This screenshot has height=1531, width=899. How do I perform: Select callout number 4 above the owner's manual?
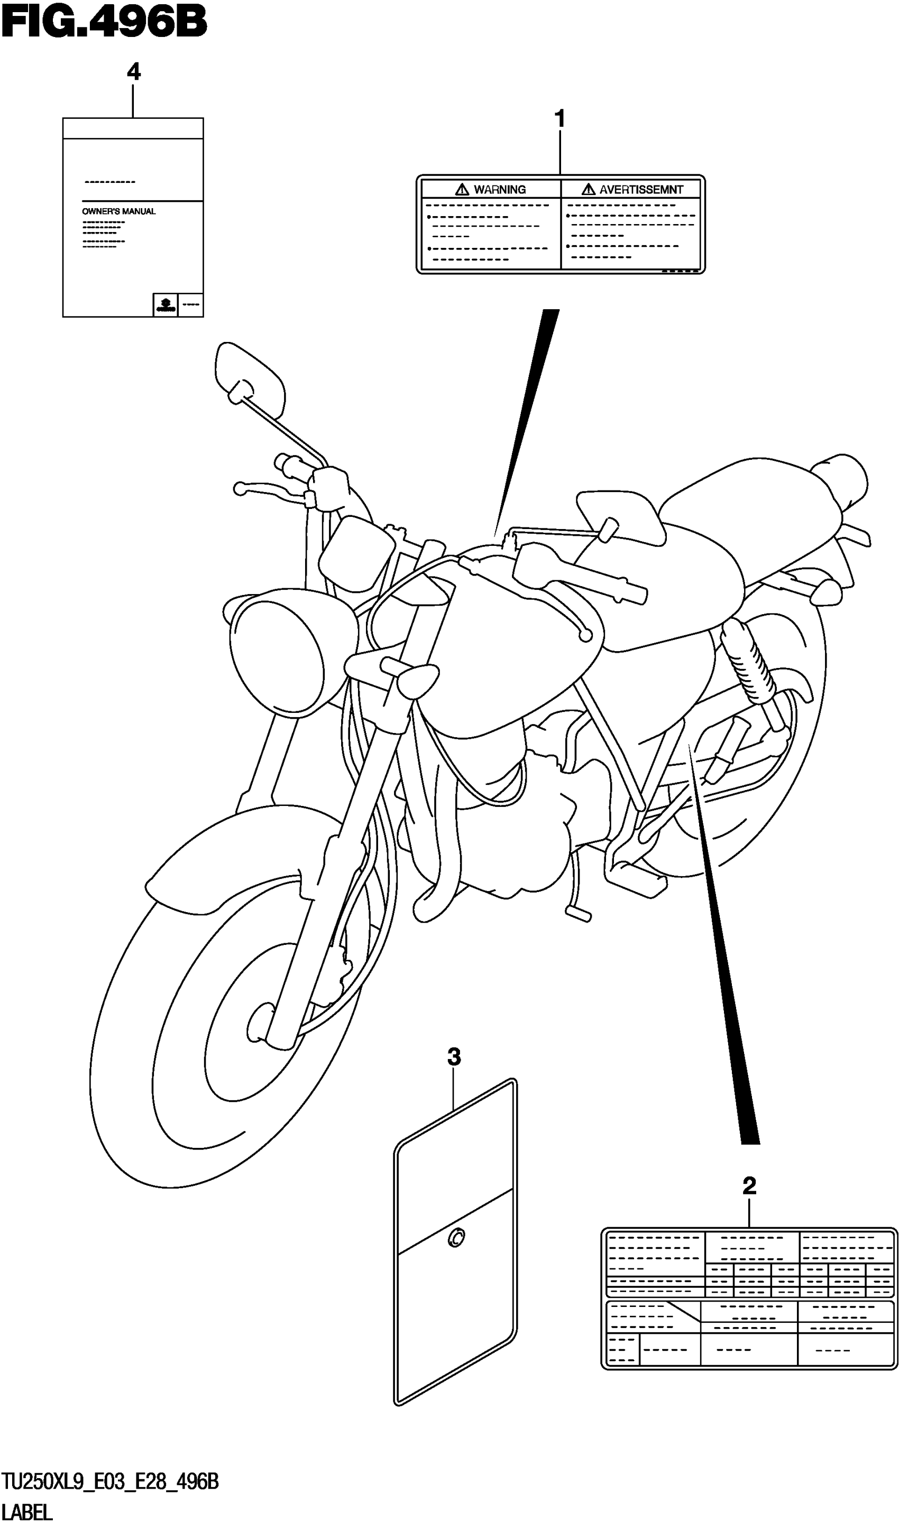[x=134, y=73]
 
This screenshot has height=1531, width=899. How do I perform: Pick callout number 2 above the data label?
[x=749, y=1185]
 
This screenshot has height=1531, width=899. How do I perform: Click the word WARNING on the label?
[x=500, y=190]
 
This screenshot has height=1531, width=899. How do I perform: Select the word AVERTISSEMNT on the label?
[x=641, y=190]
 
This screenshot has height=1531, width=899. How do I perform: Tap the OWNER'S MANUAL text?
[x=118, y=211]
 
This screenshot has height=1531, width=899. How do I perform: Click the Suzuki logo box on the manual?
[x=164, y=305]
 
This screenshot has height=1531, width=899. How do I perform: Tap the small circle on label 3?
[x=456, y=1237]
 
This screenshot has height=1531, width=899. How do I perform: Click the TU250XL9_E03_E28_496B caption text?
[x=109, y=1483]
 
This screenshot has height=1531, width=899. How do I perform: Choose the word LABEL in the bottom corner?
[x=27, y=1513]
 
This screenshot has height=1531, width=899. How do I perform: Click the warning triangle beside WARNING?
[x=462, y=190]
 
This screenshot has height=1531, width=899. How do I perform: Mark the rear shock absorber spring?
[x=748, y=665]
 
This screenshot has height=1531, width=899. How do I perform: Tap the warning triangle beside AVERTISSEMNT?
[x=588, y=190]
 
